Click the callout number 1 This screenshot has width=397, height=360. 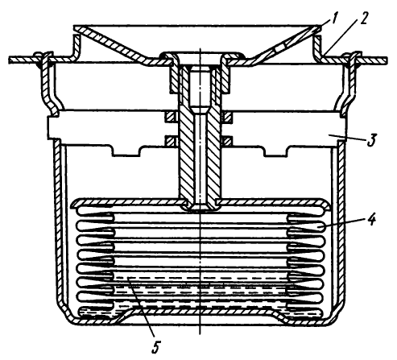point(333,19)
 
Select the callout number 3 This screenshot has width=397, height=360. point(371,140)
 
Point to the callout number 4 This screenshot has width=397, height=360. point(371,219)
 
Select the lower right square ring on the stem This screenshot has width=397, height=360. point(227,141)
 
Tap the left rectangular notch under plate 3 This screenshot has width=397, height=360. point(126,151)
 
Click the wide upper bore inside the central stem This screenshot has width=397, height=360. point(200,86)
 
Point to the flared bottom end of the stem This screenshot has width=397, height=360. point(200,207)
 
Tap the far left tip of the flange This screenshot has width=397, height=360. point(9,60)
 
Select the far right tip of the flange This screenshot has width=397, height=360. point(387,60)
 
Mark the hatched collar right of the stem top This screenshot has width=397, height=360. point(225,79)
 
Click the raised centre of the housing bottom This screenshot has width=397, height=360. point(200,311)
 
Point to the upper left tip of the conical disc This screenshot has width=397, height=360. point(74,27)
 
